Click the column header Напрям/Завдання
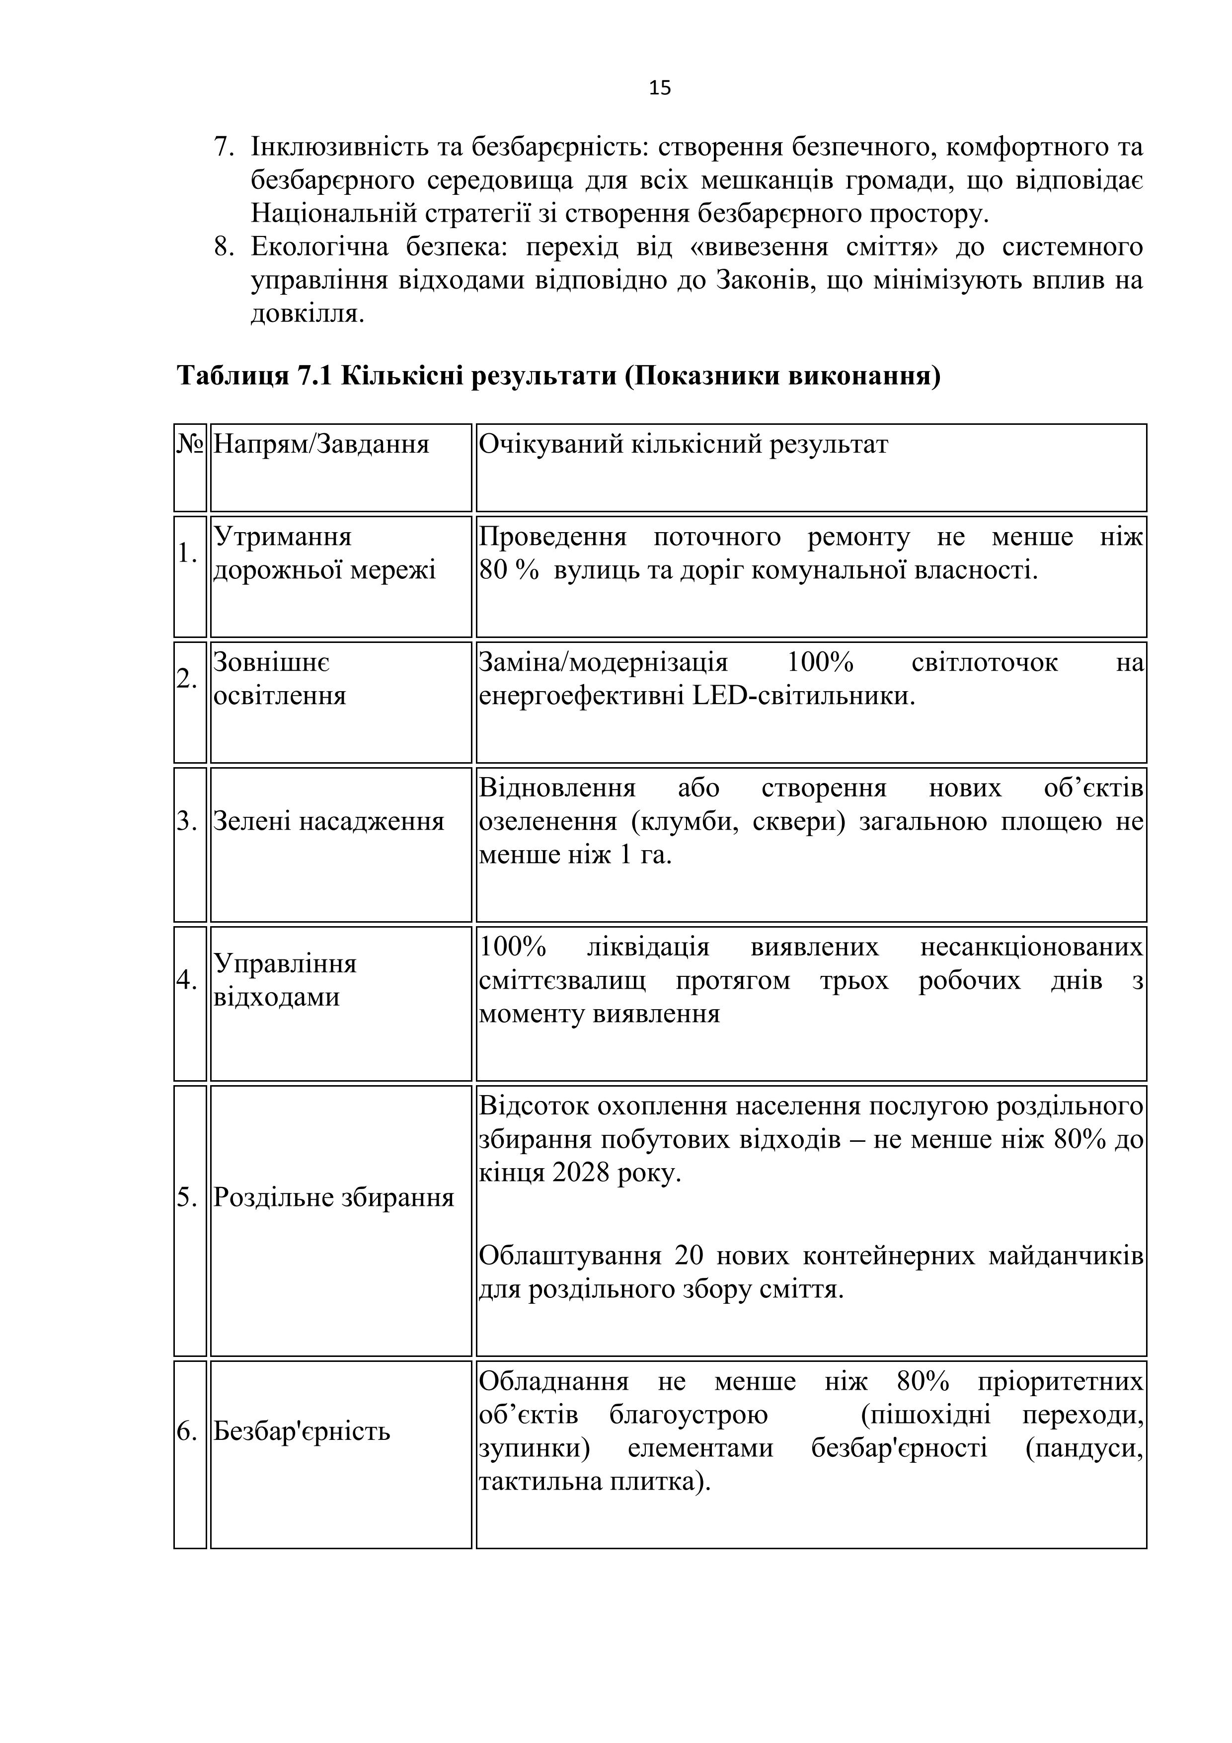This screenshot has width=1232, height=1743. tap(320, 444)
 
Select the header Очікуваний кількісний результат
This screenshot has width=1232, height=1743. tap(683, 444)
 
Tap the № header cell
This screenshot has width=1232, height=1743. tap(190, 444)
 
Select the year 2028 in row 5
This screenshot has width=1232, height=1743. tap(581, 1173)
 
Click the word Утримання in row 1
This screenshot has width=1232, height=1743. tap(282, 537)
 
